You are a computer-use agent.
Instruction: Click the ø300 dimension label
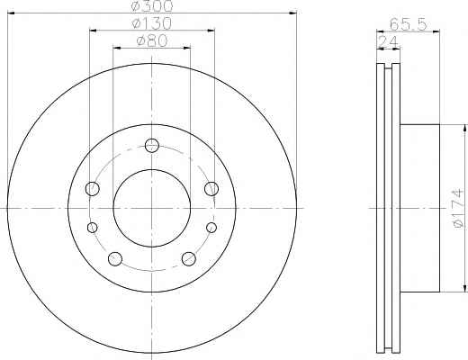click(152, 6)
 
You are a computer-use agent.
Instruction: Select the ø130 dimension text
click(152, 23)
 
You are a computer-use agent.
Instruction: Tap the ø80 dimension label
click(152, 40)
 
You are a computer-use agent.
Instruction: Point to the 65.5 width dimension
click(408, 24)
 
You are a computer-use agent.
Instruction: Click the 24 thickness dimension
click(388, 41)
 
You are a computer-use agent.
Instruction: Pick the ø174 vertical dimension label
click(459, 209)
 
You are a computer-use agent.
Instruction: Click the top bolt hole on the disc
click(152, 146)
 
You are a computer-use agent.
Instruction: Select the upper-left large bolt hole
click(93, 189)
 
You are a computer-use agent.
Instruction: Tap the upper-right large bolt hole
click(211, 189)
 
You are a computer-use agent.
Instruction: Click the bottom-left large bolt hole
click(115, 259)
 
